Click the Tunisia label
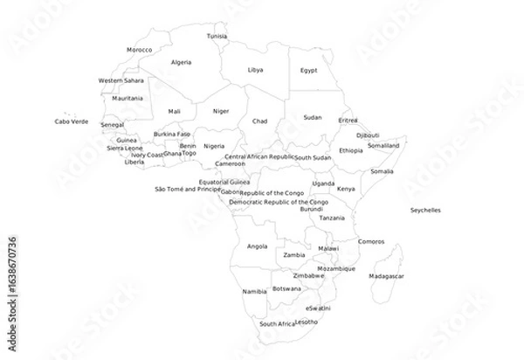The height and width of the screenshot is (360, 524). pyautogui.click(x=217, y=37)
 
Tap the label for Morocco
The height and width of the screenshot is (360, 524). pyautogui.click(x=140, y=51)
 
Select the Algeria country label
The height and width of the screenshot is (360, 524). pyautogui.click(x=181, y=63)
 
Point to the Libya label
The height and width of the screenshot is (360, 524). pyautogui.click(x=255, y=69)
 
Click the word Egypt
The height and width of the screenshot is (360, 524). pyautogui.click(x=309, y=70)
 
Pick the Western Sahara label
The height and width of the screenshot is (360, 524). pyautogui.click(x=121, y=80)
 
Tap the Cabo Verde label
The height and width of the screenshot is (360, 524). pyautogui.click(x=72, y=121)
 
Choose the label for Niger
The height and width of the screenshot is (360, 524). pyautogui.click(x=221, y=111)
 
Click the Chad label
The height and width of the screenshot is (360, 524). pyautogui.click(x=260, y=121)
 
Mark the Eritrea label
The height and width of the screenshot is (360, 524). pyautogui.click(x=348, y=120)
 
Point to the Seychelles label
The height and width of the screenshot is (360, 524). pyautogui.click(x=425, y=210)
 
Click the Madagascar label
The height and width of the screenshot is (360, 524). pyautogui.click(x=387, y=276)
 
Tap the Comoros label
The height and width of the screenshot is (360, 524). pyautogui.click(x=371, y=241)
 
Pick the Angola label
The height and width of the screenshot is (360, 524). pyautogui.click(x=257, y=246)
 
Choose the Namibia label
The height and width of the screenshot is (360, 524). pyautogui.click(x=254, y=291)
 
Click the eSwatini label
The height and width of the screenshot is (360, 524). pyautogui.click(x=318, y=308)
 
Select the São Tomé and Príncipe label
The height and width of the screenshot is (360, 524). pyautogui.click(x=187, y=189)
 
